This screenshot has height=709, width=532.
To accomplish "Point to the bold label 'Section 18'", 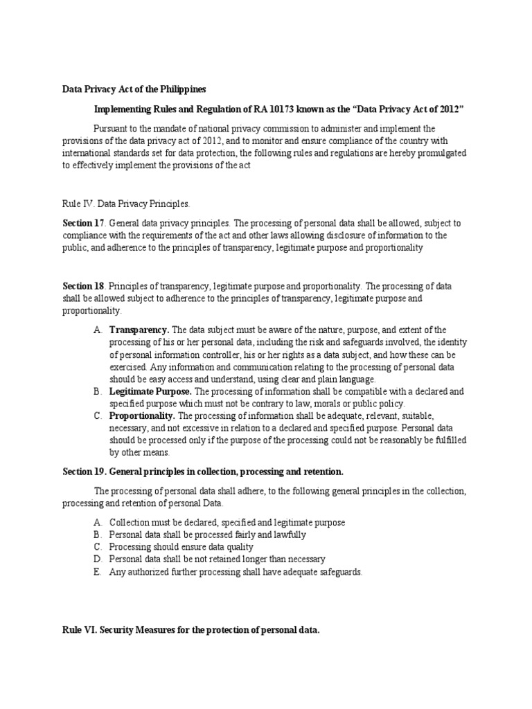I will point(83,285).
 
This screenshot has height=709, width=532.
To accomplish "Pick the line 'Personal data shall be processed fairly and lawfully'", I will point(208,535).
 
